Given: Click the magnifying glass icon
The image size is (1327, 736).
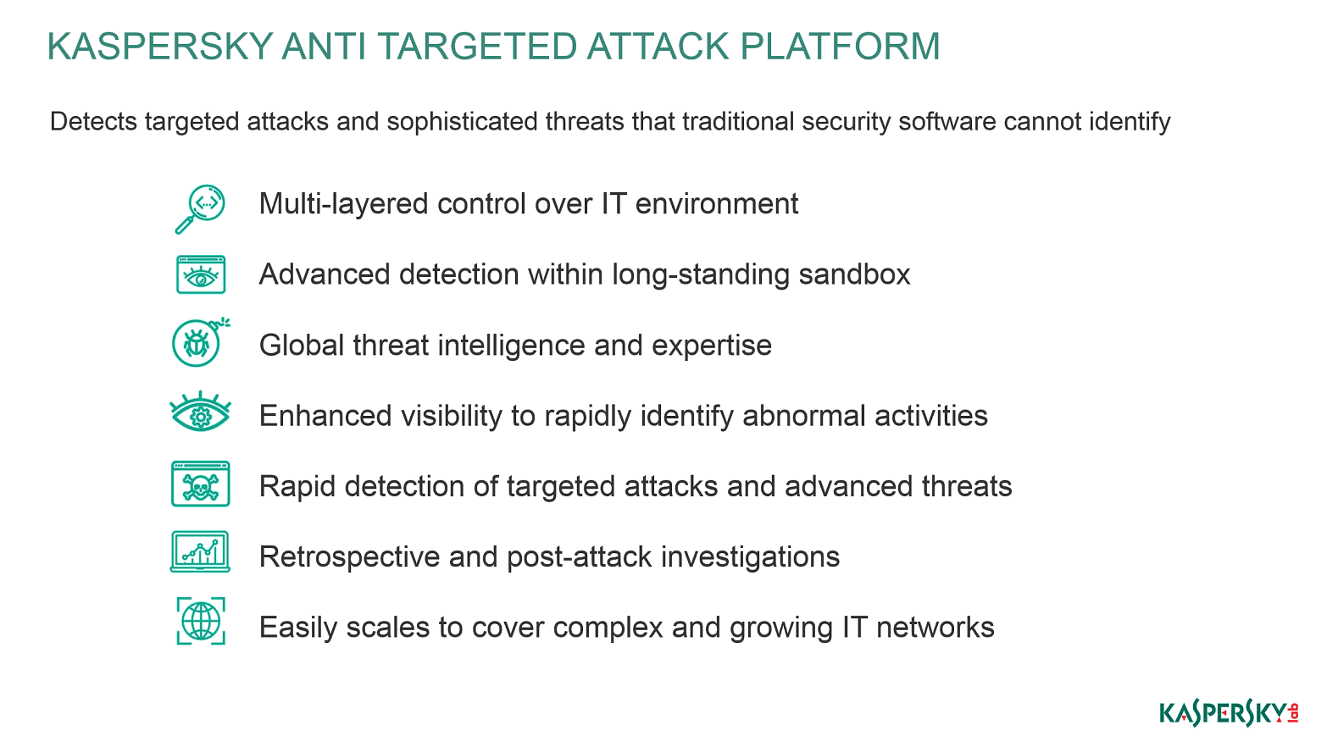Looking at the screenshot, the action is point(200,208).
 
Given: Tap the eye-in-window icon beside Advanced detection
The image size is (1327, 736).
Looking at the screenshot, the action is point(201,274).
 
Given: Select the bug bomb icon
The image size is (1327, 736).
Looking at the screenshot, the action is point(200,342).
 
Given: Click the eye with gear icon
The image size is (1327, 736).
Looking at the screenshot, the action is point(200,412).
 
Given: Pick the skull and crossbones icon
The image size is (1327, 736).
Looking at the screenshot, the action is point(200,484).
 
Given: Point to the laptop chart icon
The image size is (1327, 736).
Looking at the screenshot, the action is point(200,551).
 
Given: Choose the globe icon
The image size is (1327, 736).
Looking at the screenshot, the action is point(201,621).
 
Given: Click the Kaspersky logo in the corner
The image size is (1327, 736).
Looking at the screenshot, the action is point(1229,712).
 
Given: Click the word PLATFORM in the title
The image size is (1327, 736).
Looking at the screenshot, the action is point(840,47).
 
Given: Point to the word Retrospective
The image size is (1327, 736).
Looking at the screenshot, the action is point(349,557).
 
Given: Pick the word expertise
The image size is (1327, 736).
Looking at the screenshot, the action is point(712,346).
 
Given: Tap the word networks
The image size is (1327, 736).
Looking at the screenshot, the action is point(936,628).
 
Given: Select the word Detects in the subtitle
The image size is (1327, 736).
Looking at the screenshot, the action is point(93,121).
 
